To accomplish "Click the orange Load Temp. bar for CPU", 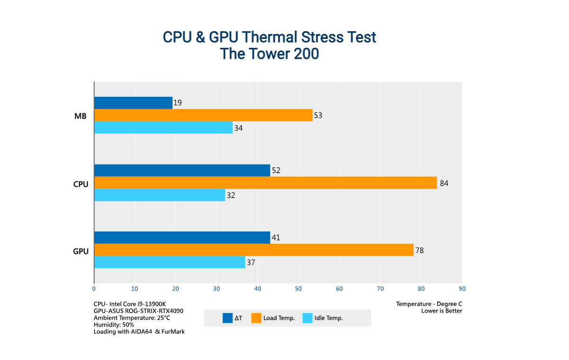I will [x=266, y=183].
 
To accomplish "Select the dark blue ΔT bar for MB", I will [x=133, y=103].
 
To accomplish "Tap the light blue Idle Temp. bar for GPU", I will [x=170, y=262].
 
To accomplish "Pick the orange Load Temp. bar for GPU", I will [x=254, y=250].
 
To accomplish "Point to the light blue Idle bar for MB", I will [x=164, y=128].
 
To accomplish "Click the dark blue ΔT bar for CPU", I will [x=182, y=170].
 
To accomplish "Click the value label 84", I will [x=444, y=183].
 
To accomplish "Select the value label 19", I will [x=178, y=103].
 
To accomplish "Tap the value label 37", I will [x=251, y=262].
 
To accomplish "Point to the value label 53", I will [x=318, y=115].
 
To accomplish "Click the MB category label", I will [x=81, y=116].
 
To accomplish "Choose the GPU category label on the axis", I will [x=81, y=250].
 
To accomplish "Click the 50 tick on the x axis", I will [x=298, y=288].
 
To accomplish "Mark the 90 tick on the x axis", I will [x=462, y=288].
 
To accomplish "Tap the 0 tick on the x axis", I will [x=94, y=288].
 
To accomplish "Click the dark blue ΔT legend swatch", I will [x=227, y=318].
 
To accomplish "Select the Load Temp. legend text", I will [x=279, y=318].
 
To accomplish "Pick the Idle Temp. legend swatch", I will [x=307, y=318].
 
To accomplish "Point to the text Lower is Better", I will [x=441, y=311].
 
